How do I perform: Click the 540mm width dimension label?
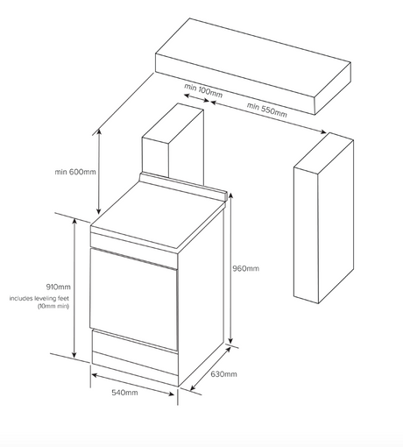click(x=124, y=393)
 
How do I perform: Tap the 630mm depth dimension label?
click(x=223, y=374)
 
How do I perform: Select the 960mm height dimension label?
click(x=245, y=268)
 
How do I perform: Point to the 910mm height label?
click(x=59, y=287)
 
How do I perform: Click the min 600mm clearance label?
click(x=75, y=172)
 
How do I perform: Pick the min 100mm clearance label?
click(x=203, y=90)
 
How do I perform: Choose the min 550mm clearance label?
click(x=267, y=110)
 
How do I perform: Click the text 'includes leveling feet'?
click(x=39, y=298)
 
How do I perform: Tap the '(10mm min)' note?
click(x=53, y=306)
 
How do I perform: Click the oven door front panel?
click(x=134, y=299)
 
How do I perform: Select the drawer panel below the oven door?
click(x=135, y=352)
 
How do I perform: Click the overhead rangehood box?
click(x=253, y=67)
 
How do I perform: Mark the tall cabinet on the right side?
click(x=323, y=218)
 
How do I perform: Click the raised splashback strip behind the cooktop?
click(x=183, y=186)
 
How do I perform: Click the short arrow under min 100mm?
click(x=197, y=98)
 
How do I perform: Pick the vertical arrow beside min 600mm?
click(x=99, y=172)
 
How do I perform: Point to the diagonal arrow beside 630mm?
click(x=210, y=369)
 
